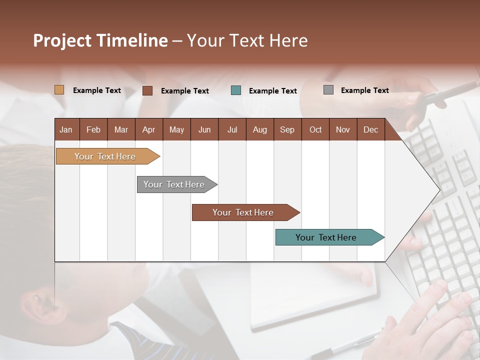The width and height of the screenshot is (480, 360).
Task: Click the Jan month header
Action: [x=66, y=129]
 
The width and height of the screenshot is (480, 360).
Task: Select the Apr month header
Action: [x=148, y=129]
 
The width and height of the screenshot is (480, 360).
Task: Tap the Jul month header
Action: [x=232, y=129]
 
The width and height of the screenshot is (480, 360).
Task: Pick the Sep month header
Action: [x=287, y=129]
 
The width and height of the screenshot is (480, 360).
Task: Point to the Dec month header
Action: [x=370, y=129]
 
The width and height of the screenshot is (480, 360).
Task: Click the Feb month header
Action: [x=93, y=129]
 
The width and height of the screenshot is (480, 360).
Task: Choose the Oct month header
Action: [x=315, y=129]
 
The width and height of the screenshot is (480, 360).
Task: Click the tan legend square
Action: [x=59, y=90]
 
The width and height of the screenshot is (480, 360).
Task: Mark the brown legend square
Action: [x=147, y=90]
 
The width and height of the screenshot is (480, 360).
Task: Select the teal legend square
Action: [x=236, y=90]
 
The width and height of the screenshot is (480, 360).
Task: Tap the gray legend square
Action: [x=328, y=90]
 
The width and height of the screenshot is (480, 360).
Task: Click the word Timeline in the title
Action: [x=131, y=40]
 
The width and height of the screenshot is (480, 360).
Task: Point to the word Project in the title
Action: [x=61, y=40]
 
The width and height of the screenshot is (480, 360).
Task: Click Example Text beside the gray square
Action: [x=364, y=90]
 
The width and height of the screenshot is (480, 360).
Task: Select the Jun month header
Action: [x=204, y=129]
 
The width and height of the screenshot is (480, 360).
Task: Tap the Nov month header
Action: [x=343, y=129]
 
